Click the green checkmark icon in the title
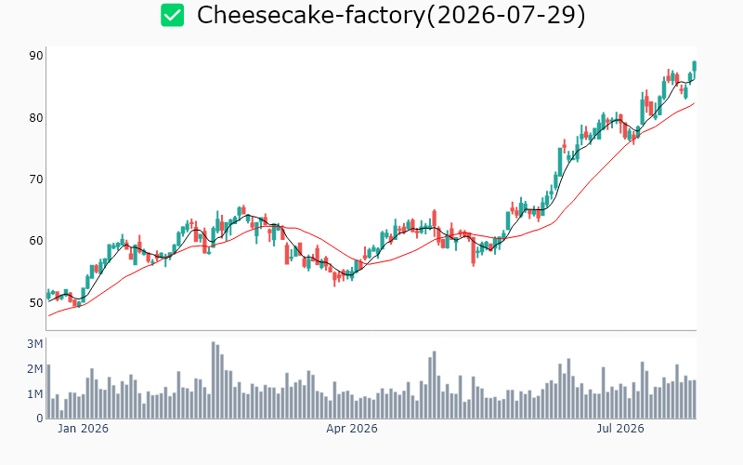point(172,15)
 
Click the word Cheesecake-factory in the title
point(311,15)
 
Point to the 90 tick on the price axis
point(36,56)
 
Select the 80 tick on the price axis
point(36,118)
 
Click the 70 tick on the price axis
point(36,179)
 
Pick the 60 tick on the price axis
point(36,241)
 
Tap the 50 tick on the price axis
point(36,302)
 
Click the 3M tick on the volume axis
point(34,344)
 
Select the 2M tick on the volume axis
point(34,369)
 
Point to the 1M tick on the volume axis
point(34,393)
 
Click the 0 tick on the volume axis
point(40,418)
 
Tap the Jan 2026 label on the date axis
point(83,429)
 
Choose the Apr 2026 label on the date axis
point(352,429)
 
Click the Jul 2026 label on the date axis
point(620,429)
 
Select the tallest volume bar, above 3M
point(214,380)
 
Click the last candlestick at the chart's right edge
point(695,66)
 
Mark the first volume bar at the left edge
point(48,392)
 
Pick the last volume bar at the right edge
point(695,399)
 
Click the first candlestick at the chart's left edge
point(48,295)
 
